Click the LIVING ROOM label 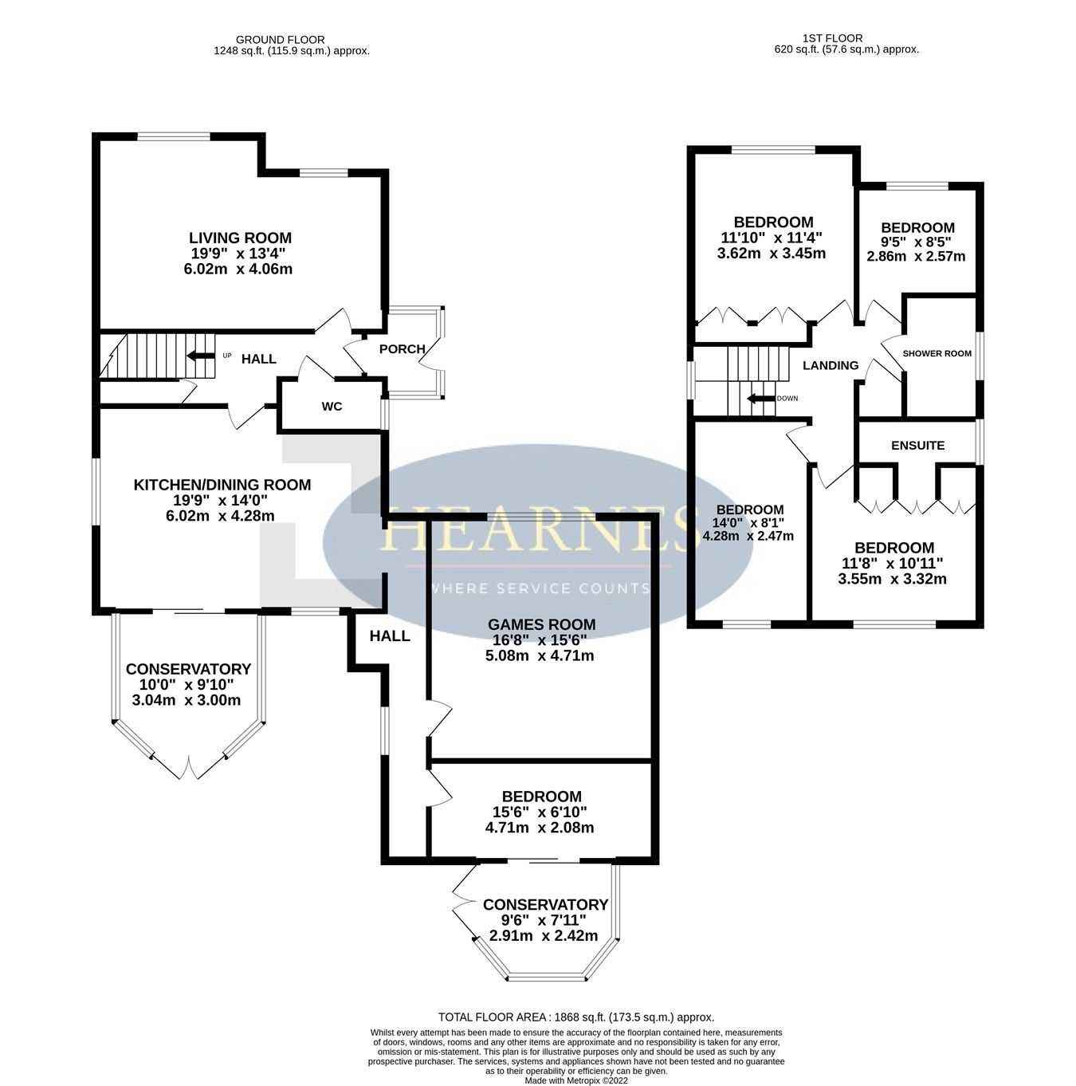click(x=240, y=238)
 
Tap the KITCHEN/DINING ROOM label click(x=222, y=485)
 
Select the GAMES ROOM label click(x=541, y=624)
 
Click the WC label click(x=332, y=407)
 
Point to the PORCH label click(x=402, y=348)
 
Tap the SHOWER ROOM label click(x=937, y=353)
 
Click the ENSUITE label click(x=917, y=445)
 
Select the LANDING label click(x=830, y=365)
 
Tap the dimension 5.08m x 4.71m click(x=540, y=656)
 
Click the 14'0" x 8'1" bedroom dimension click(x=749, y=523)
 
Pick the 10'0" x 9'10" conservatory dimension click(x=187, y=685)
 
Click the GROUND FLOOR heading click(x=280, y=39)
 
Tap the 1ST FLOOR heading click(x=833, y=37)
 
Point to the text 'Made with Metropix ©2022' click(x=576, y=1080)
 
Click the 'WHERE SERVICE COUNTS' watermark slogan click(x=540, y=588)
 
